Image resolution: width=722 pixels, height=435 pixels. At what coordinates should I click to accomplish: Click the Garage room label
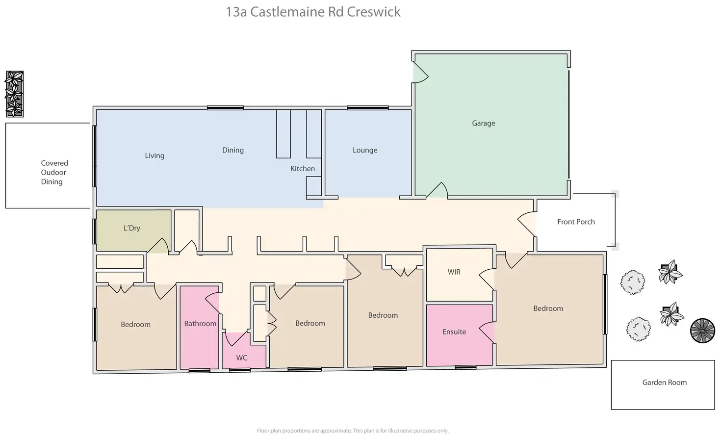point(484,123)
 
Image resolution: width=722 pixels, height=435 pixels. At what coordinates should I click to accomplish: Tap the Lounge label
point(365,150)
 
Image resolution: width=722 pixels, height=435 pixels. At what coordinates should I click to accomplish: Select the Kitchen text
point(303,169)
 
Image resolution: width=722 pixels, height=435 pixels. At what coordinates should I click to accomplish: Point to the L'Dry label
point(132,228)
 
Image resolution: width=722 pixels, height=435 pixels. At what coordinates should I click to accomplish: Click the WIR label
point(454,272)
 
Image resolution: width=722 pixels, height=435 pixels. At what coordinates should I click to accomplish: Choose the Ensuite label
point(454,332)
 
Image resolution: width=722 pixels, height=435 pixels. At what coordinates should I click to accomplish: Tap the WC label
point(242,358)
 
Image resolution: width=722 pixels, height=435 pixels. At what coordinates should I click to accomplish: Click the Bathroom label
point(200,324)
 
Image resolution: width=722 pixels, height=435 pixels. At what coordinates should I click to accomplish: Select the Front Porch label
point(576,222)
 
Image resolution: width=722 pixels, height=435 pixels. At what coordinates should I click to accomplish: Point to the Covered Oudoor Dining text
point(53,173)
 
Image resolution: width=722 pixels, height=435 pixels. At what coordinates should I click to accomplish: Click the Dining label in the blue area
point(232,150)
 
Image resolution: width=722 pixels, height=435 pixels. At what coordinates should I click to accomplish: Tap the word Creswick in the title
point(374,12)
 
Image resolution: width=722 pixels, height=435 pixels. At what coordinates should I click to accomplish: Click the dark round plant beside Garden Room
point(703,331)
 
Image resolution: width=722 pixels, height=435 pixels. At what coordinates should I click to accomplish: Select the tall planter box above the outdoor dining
point(15,94)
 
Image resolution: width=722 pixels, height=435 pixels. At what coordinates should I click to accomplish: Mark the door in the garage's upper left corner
point(420,72)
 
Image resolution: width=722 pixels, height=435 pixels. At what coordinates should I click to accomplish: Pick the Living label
point(155,155)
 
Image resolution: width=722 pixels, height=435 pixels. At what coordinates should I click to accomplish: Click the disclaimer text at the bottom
point(353,431)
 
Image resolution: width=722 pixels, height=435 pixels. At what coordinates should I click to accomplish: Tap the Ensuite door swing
point(487,333)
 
